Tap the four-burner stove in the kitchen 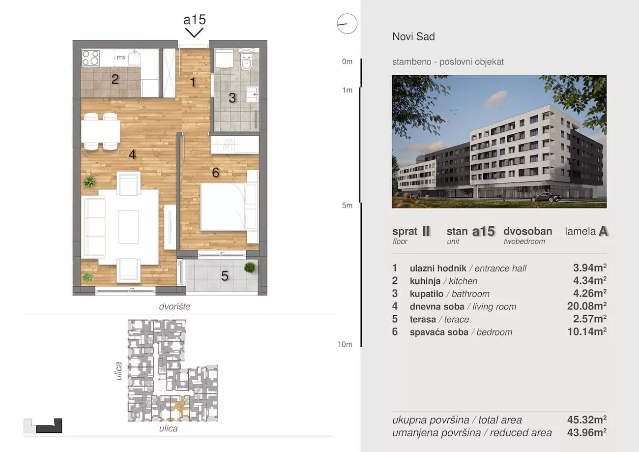pyautogui.click(x=90, y=58)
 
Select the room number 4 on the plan pyautogui.click(x=132, y=154)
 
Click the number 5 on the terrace pyautogui.click(x=225, y=276)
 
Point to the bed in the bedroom pyautogui.click(x=223, y=207)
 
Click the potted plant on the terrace pyautogui.click(x=250, y=268)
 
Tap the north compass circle pyautogui.click(x=347, y=24)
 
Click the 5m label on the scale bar pyautogui.click(x=347, y=206)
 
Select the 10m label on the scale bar pyautogui.click(x=345, y=344)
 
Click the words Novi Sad pyautogui.click(x=413, y=36)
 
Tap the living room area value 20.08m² pyautogui.click(x=587, y=306)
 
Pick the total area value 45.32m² pyautogui.click(x=587, y=420)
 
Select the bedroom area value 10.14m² pyautogui.click(x=587, y=331)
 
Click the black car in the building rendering pyautogui.click(x=546, y=197)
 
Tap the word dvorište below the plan pyautogui.click(x=174, y=306)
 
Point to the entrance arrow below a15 pyautogui.click(x=194, y=32)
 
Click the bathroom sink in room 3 pyautogui.click(x=253, y=94)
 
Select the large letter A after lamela pyautogui.click(x=603, y=231)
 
